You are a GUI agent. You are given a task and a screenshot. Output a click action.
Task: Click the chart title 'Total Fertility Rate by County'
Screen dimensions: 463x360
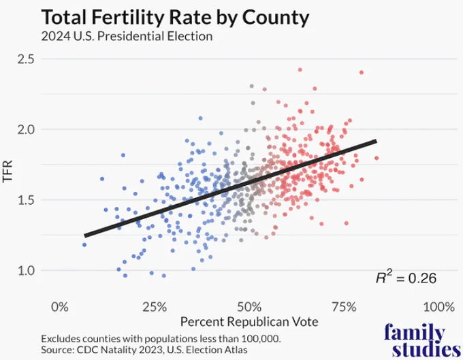[x=175, y=17]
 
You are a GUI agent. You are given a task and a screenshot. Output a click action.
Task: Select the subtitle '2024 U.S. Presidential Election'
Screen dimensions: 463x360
[x=127, y=36]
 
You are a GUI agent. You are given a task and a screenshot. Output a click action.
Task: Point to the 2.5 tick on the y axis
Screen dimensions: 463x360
[x=26, y=59]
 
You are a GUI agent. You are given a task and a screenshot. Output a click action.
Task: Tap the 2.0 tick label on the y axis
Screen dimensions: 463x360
[x=26, y=129]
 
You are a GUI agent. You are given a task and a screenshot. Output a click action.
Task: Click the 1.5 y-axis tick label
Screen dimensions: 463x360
[x=26, y=200]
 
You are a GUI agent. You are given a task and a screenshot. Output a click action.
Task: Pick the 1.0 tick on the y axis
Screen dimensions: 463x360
[x=26, y=271]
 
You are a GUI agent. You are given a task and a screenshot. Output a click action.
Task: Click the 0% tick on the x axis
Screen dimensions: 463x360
[x=60, y=307]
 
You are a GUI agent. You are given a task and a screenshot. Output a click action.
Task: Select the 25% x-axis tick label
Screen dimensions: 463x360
[x=155, y=307]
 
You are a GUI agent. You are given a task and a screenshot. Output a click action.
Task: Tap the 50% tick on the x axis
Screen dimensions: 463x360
[x=249, y=307]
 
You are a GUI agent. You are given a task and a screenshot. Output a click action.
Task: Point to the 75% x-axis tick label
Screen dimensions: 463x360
[x=344, y=307]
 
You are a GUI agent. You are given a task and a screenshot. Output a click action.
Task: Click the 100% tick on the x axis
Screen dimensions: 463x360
[x=438, y=307]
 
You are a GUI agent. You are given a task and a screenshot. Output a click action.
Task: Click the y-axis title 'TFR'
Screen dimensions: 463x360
[x=7, y=171]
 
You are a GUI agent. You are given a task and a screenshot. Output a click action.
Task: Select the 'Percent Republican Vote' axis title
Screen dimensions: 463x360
[x=249, y=322]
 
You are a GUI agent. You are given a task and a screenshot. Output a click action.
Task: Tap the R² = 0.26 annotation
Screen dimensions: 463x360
[x=406, y=278]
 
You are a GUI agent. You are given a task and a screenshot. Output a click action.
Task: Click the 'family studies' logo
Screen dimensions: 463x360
[x=422, y=341]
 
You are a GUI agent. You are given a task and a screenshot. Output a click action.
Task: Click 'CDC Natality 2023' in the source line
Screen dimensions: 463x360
[x=120, y=350]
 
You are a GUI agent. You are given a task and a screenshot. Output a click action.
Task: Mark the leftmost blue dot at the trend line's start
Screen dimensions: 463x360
[x=84, y=244]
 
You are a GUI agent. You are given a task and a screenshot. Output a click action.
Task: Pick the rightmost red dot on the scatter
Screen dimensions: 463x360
[x=377, y=158]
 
